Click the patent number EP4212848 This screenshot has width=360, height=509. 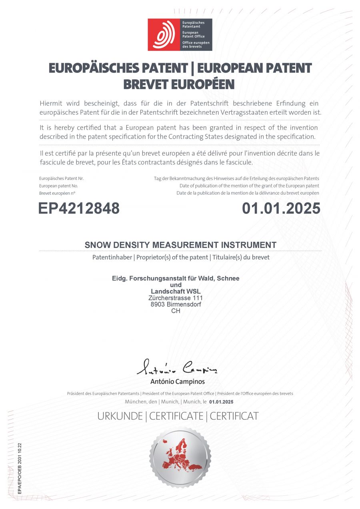79,208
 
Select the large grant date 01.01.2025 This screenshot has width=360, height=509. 281,208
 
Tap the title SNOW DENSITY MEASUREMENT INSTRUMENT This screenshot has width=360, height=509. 180,245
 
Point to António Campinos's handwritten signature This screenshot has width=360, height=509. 177,367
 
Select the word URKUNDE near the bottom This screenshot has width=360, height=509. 120,416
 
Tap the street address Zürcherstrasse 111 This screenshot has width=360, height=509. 176,298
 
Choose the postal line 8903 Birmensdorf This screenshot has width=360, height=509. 176,304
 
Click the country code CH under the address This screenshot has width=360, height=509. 176,311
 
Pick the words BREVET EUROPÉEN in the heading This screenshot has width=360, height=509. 178,84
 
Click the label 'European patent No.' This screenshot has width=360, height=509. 58,186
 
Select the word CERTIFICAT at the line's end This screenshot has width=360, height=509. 234,416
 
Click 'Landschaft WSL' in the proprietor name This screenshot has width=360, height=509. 176,291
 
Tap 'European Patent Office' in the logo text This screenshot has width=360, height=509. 193,34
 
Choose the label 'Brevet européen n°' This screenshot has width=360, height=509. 57,193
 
